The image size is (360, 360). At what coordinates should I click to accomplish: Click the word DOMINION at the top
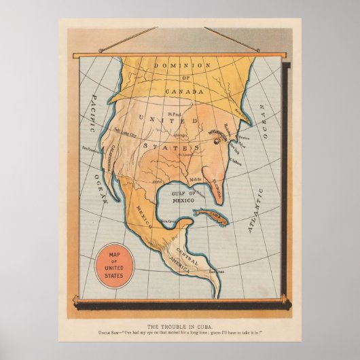point(180,65)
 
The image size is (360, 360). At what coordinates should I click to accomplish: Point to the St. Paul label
point(175,114)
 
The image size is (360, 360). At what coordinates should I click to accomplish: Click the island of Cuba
point(213,217)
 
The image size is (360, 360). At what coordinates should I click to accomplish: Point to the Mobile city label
point(196,179)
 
